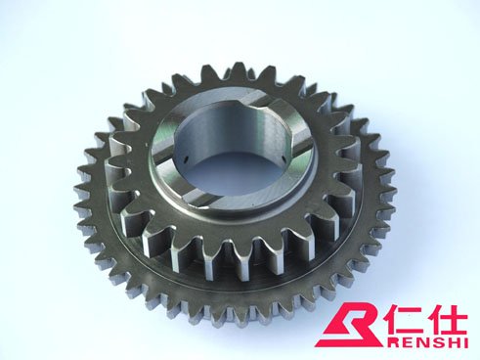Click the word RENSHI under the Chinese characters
[425, 342]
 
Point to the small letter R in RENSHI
[388, 342]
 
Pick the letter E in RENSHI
[402, 342]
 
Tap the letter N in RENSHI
[417, 342]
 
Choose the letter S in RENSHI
[435, 342]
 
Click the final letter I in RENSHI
[465, 342]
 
